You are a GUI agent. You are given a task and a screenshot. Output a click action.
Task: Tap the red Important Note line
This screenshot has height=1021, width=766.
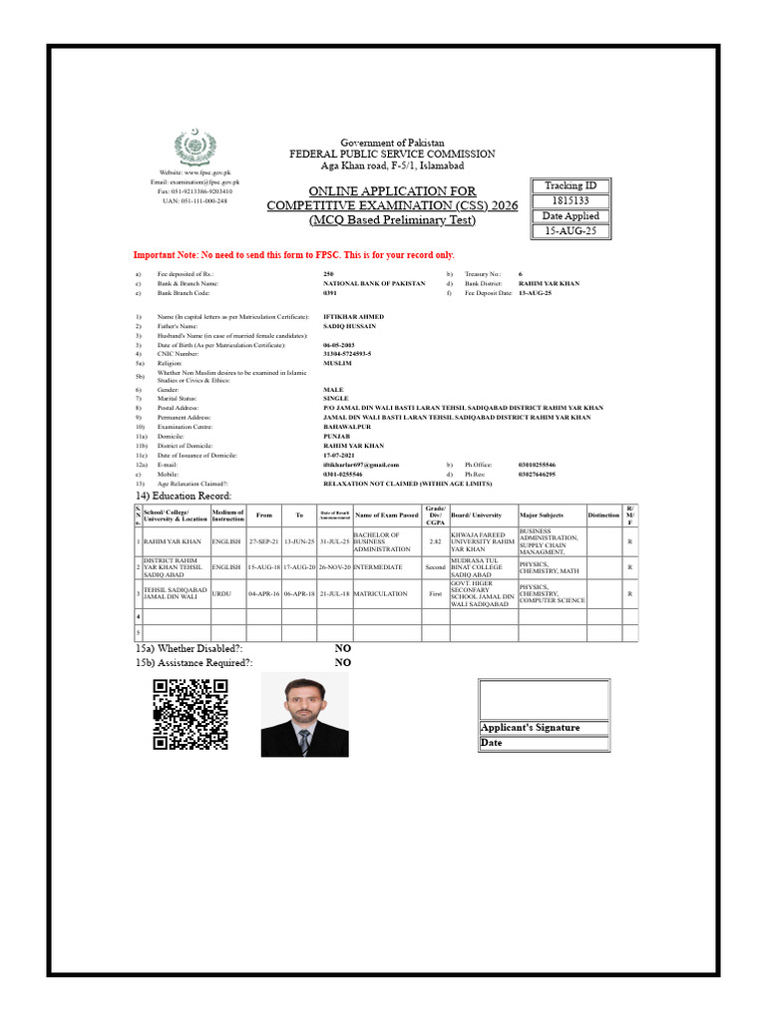(x=293, y=255)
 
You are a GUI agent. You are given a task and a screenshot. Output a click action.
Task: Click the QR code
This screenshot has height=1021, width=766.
(x=190, y=713)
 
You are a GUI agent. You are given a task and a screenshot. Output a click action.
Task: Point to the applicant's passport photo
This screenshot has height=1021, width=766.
(x=304, y=714)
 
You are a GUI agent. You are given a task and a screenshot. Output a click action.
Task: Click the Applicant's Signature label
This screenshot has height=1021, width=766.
(x=530, y=727)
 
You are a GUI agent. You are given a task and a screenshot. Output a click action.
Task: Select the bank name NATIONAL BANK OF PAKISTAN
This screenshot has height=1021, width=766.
(x=374, y=283)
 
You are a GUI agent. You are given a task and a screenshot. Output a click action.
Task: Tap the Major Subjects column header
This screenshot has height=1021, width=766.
(x=544, y=515)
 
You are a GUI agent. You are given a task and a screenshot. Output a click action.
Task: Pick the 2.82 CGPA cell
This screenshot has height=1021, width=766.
(x=435, y=541)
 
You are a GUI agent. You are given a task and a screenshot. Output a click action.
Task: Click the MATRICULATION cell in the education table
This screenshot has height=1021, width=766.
(x=380, y=593)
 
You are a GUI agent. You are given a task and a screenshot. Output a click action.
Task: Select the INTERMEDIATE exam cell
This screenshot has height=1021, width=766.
(x=378, y=567)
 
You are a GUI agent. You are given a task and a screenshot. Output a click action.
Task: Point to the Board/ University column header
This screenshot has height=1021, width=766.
(x=476, y=515)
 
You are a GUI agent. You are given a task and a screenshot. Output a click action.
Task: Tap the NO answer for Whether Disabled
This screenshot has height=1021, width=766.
(x=342, y=648)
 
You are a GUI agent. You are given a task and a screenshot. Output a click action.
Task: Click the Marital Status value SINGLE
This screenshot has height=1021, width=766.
(x=336, y=398)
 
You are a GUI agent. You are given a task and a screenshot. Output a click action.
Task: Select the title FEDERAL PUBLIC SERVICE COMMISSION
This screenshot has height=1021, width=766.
(x=392, y=155)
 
